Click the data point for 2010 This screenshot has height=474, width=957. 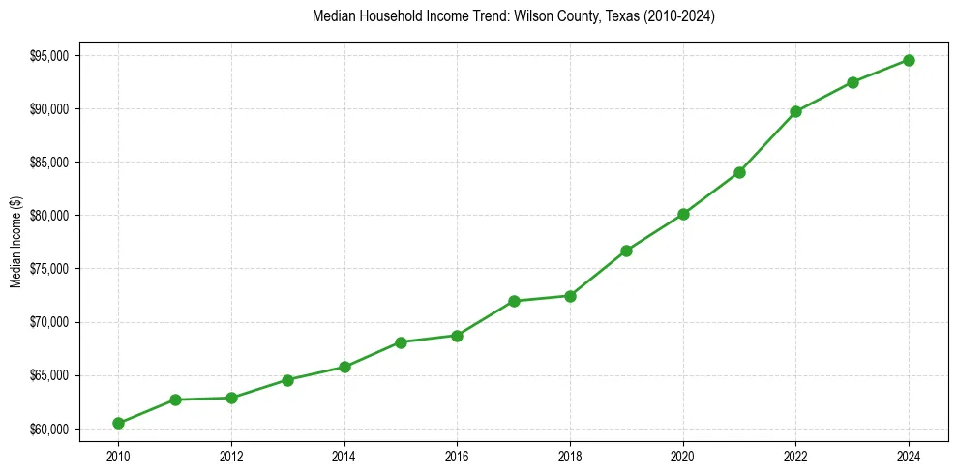tap(118, 423)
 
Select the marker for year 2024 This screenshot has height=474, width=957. tap(909, 60)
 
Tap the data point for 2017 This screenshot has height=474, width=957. tap(514, 301)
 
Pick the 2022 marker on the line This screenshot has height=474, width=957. tap(795, 111)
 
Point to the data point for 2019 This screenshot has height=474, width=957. tap(626, 251)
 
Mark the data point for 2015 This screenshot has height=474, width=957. tap(401, 341)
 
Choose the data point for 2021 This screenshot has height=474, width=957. tap(739, 172)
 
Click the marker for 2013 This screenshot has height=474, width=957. tap(287, 379)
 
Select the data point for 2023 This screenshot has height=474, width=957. tap(852, 82)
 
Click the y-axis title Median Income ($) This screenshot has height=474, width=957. tap(15, 241)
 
